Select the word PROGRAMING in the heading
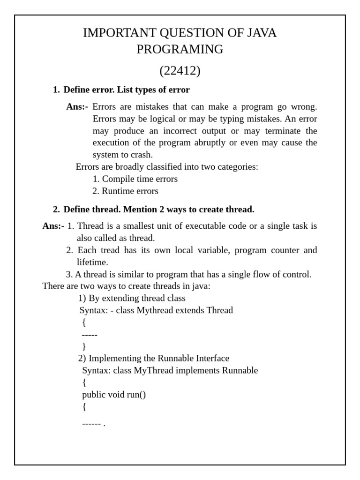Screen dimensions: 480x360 click(180, 49)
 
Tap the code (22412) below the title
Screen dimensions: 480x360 click(180, 71)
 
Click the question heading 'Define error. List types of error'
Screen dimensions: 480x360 click(127, 90)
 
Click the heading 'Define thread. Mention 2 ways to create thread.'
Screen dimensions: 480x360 click(159, 209)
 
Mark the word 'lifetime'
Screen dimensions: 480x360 click(92, 262)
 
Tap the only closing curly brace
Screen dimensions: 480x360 click(84, 346)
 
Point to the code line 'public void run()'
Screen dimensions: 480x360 click(114, 395)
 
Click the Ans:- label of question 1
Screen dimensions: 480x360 click(77, 107)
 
